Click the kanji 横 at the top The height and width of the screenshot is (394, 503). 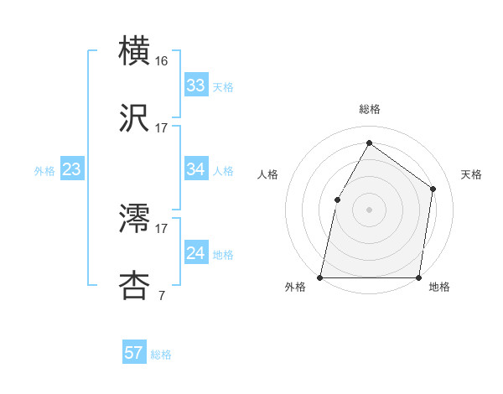pos(135,51)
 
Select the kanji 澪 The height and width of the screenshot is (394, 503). pos(135,219)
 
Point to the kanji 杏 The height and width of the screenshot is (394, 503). pos(135,286)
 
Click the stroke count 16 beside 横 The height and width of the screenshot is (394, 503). pos(162,61)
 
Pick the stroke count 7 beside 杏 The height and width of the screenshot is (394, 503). pos(160,296)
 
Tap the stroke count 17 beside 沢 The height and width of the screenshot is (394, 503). pos(162,128)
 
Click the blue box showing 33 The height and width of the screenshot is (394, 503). pos(196,86)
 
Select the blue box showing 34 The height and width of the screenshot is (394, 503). pos(196,169)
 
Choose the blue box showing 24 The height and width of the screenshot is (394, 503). pos(196,253)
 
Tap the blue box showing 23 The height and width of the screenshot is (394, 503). pos(72,169)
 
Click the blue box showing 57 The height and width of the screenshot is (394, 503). pos(134,353)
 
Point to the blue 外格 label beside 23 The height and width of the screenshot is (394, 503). pos(44,170)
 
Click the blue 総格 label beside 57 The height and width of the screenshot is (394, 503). pos(161,354)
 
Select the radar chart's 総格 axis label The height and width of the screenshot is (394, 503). pos(370,110)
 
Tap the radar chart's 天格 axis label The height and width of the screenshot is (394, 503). pos(471,174)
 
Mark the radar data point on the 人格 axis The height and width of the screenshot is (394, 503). pos(337,200)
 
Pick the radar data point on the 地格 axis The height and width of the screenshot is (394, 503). pos(418,277)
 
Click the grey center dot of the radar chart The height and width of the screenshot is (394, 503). pos(369,210)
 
